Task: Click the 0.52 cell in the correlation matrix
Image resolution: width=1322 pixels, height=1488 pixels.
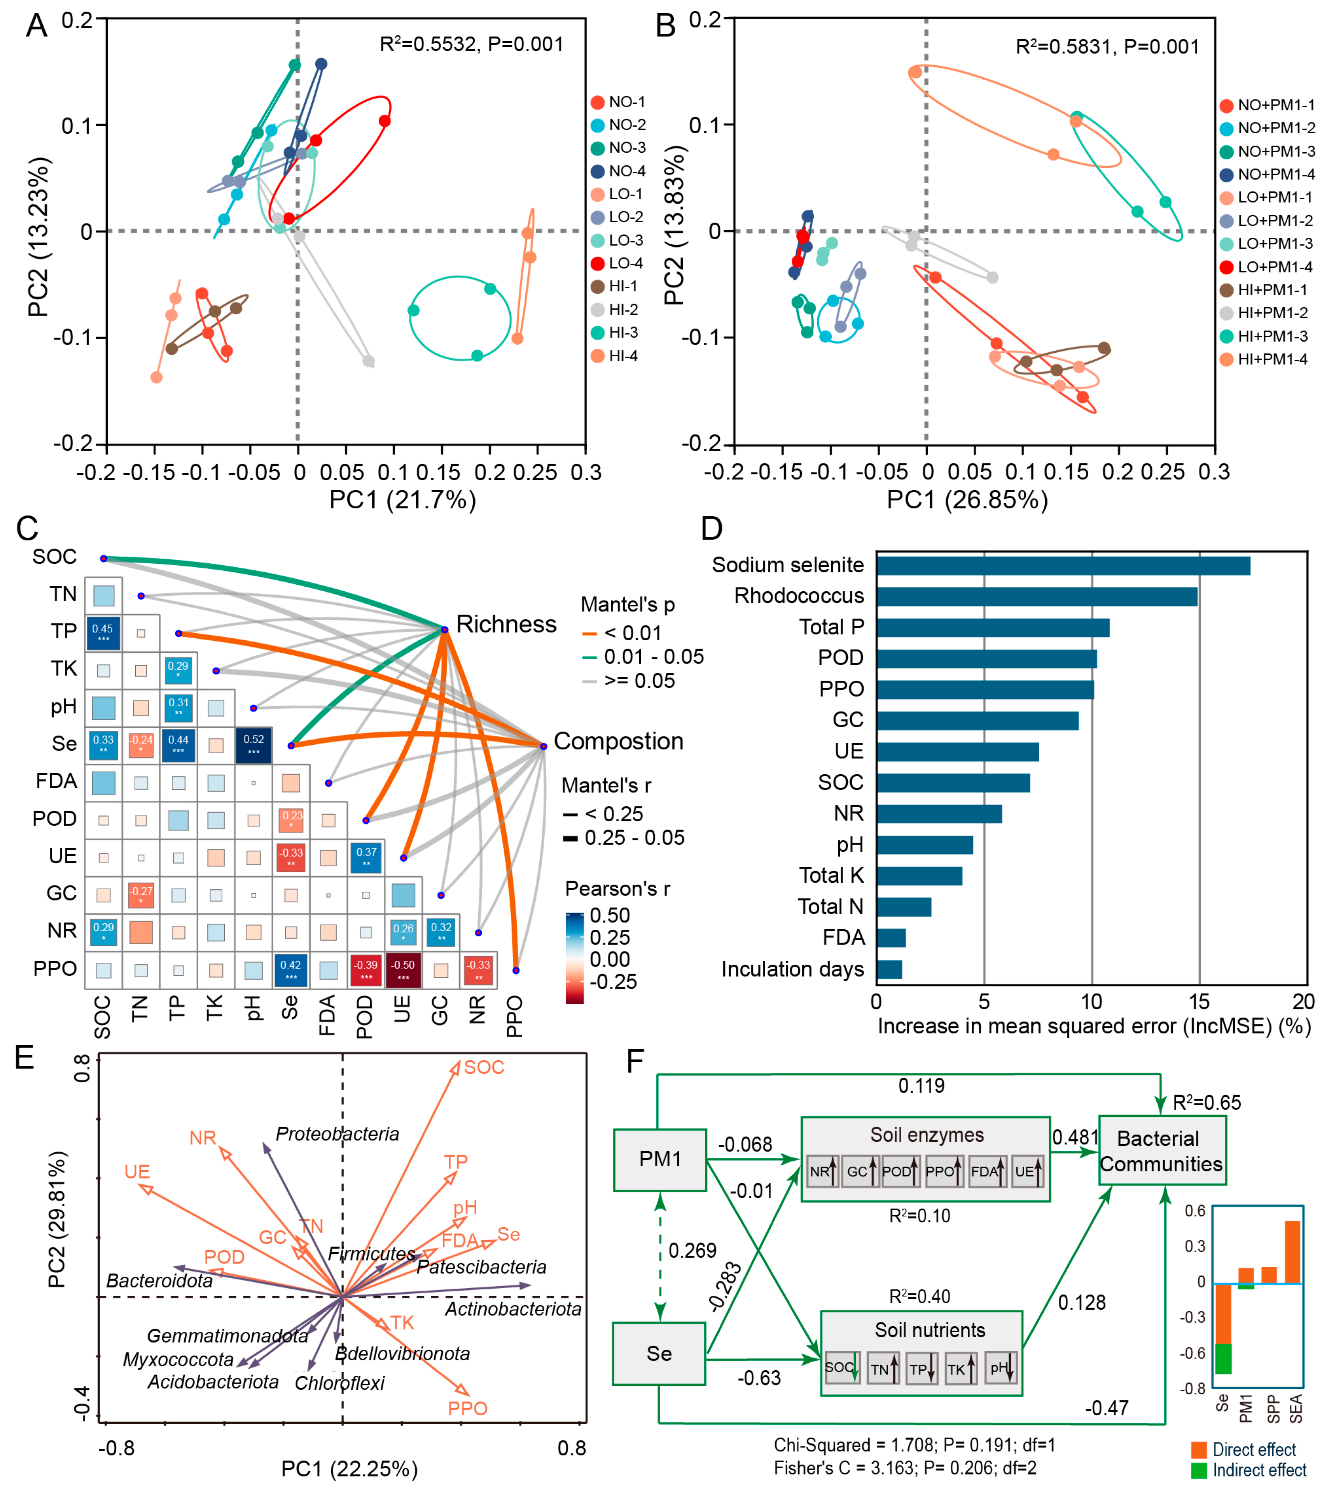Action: click(254, 745)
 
